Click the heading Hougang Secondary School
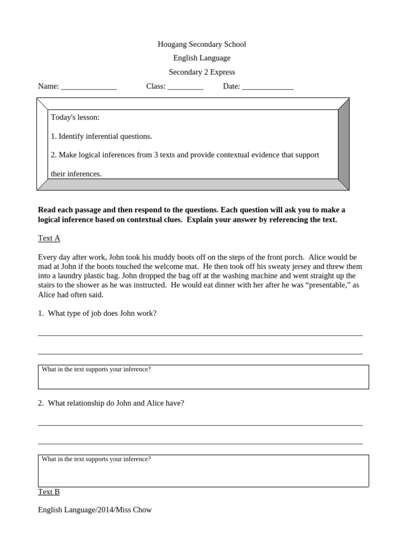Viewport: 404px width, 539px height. (201, 44)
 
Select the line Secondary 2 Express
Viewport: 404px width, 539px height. (201, 72)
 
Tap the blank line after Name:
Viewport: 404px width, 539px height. (88, 87)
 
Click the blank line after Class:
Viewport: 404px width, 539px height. (185, 87)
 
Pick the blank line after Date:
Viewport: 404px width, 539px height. (267, 87)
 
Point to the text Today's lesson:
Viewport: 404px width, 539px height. (75, 117)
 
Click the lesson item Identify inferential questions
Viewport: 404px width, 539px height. (102, 136)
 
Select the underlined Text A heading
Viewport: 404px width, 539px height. (49, 238)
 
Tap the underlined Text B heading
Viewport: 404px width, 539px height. (49, 492)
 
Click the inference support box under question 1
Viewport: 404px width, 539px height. (203, 377)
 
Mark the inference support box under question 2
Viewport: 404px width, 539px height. (203, 471)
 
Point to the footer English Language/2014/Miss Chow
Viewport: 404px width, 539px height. (95, 510)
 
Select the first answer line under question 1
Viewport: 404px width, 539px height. (200, 335)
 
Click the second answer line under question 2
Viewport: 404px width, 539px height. (200, 444)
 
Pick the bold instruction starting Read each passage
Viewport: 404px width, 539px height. (191, 215)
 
